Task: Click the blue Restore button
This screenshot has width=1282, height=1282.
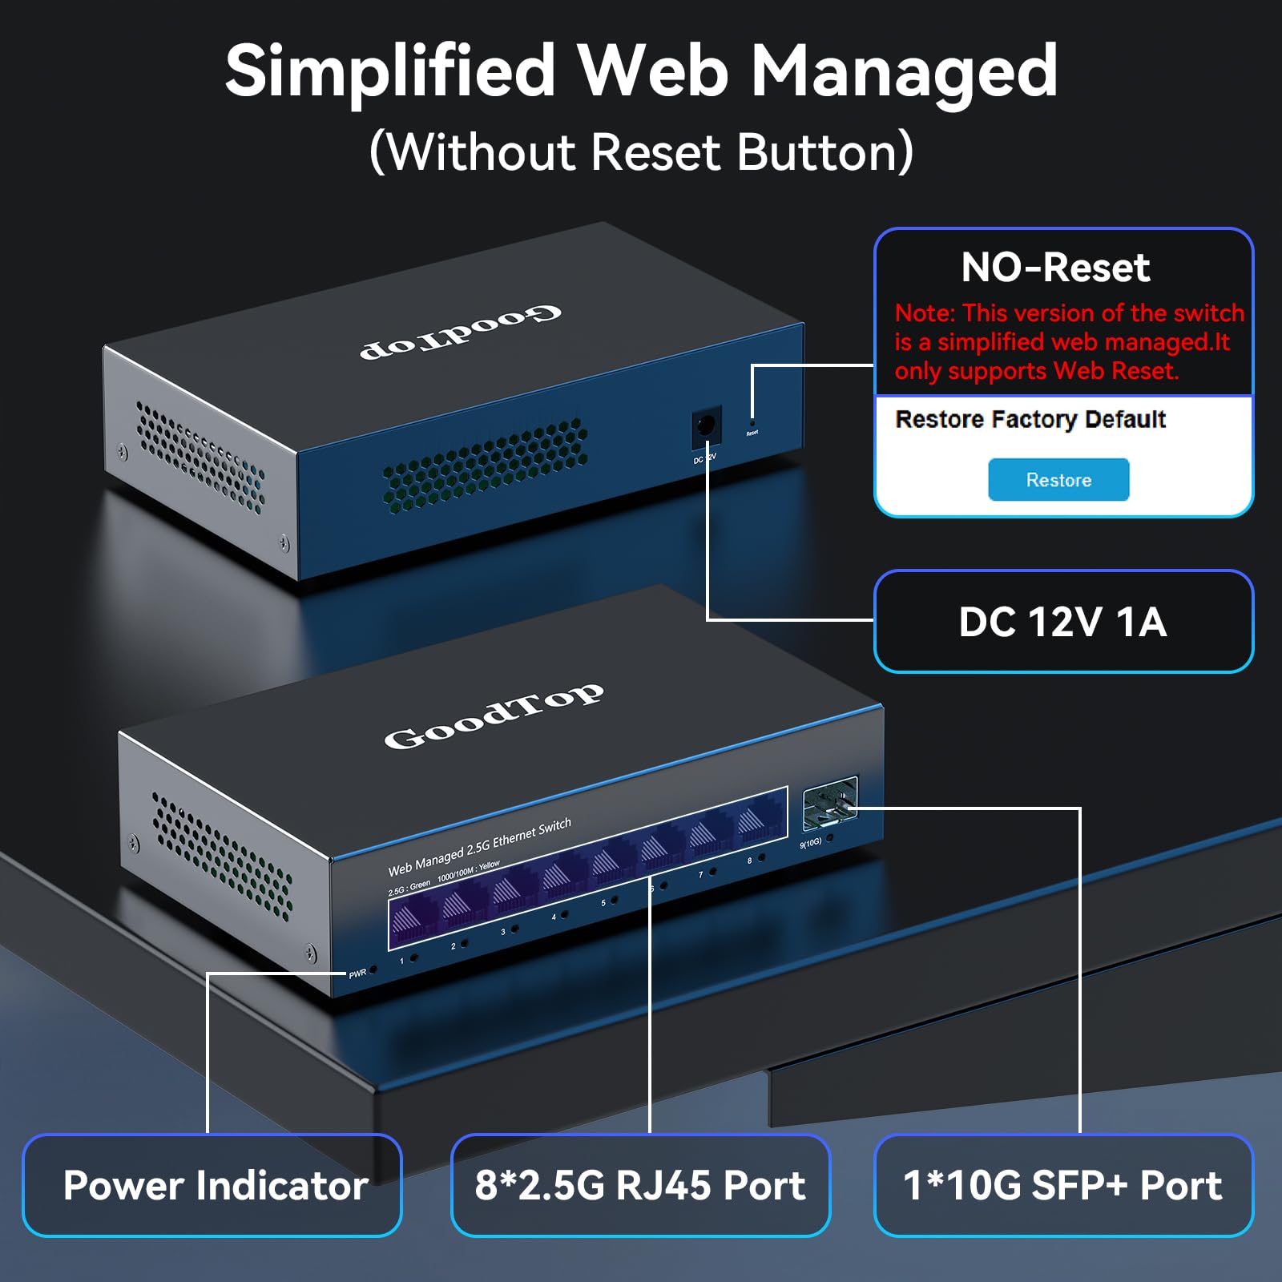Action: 1058,480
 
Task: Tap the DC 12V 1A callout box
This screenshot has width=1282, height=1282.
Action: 1063,622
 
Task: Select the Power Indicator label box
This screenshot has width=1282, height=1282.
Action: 212,1185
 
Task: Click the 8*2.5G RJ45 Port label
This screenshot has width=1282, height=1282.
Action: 640,1185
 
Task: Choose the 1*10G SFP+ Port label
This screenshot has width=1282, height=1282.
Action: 1063,1185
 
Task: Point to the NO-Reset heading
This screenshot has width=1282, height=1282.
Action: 1055,268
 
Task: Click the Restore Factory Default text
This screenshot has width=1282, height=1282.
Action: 1030,419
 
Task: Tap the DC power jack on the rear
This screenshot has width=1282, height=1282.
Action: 706,425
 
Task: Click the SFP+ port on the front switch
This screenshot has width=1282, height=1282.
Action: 830,803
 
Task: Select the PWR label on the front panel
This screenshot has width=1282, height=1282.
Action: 357,974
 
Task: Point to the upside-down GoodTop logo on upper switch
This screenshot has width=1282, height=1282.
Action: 461,332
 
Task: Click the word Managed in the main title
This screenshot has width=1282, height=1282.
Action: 904,72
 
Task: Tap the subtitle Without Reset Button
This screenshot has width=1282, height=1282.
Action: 641,152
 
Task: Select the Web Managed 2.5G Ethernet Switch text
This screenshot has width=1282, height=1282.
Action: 479,847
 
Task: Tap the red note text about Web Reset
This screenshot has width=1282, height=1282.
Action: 1069,342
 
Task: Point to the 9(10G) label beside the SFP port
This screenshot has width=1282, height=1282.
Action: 810,843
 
